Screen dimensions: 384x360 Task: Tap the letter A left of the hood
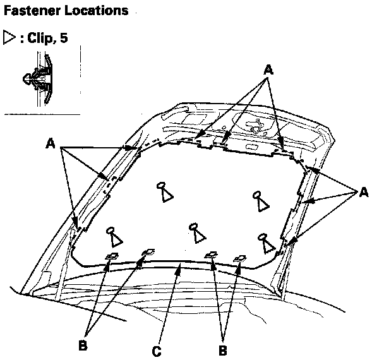coord(51,144)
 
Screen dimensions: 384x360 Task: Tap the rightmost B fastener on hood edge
coord(239,258)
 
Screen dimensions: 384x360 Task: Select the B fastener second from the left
coord(148,252)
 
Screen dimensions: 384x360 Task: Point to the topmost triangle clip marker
coord(164,191)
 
